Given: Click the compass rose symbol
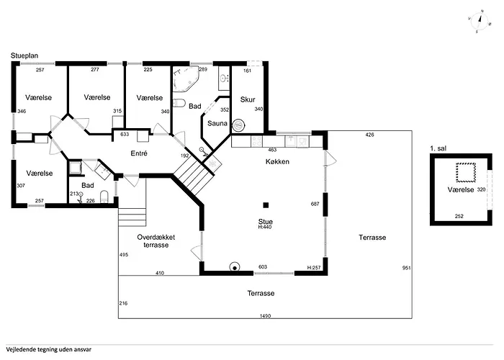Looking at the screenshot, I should [x=478, y=22].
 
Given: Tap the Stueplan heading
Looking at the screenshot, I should [x=25, y=55].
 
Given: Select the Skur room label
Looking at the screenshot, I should [x=248, y=99].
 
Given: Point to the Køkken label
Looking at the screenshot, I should [x=277, y=162].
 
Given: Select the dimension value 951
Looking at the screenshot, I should [x=405, y=268].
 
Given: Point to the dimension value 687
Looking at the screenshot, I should [x=314, y=204].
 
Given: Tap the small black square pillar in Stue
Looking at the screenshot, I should [x=266, y=204].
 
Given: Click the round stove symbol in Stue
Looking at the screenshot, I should [x=234, y=267].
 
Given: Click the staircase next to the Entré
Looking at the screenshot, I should [x=193, y=174].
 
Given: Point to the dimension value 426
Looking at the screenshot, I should [x=369, y=135].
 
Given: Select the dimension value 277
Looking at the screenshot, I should [x=96, y=70].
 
